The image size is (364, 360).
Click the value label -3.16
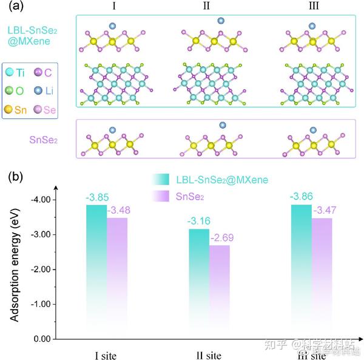199,220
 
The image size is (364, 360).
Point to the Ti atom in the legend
10,72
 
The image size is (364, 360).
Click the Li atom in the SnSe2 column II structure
222,125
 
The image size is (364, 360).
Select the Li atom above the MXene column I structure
112,25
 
